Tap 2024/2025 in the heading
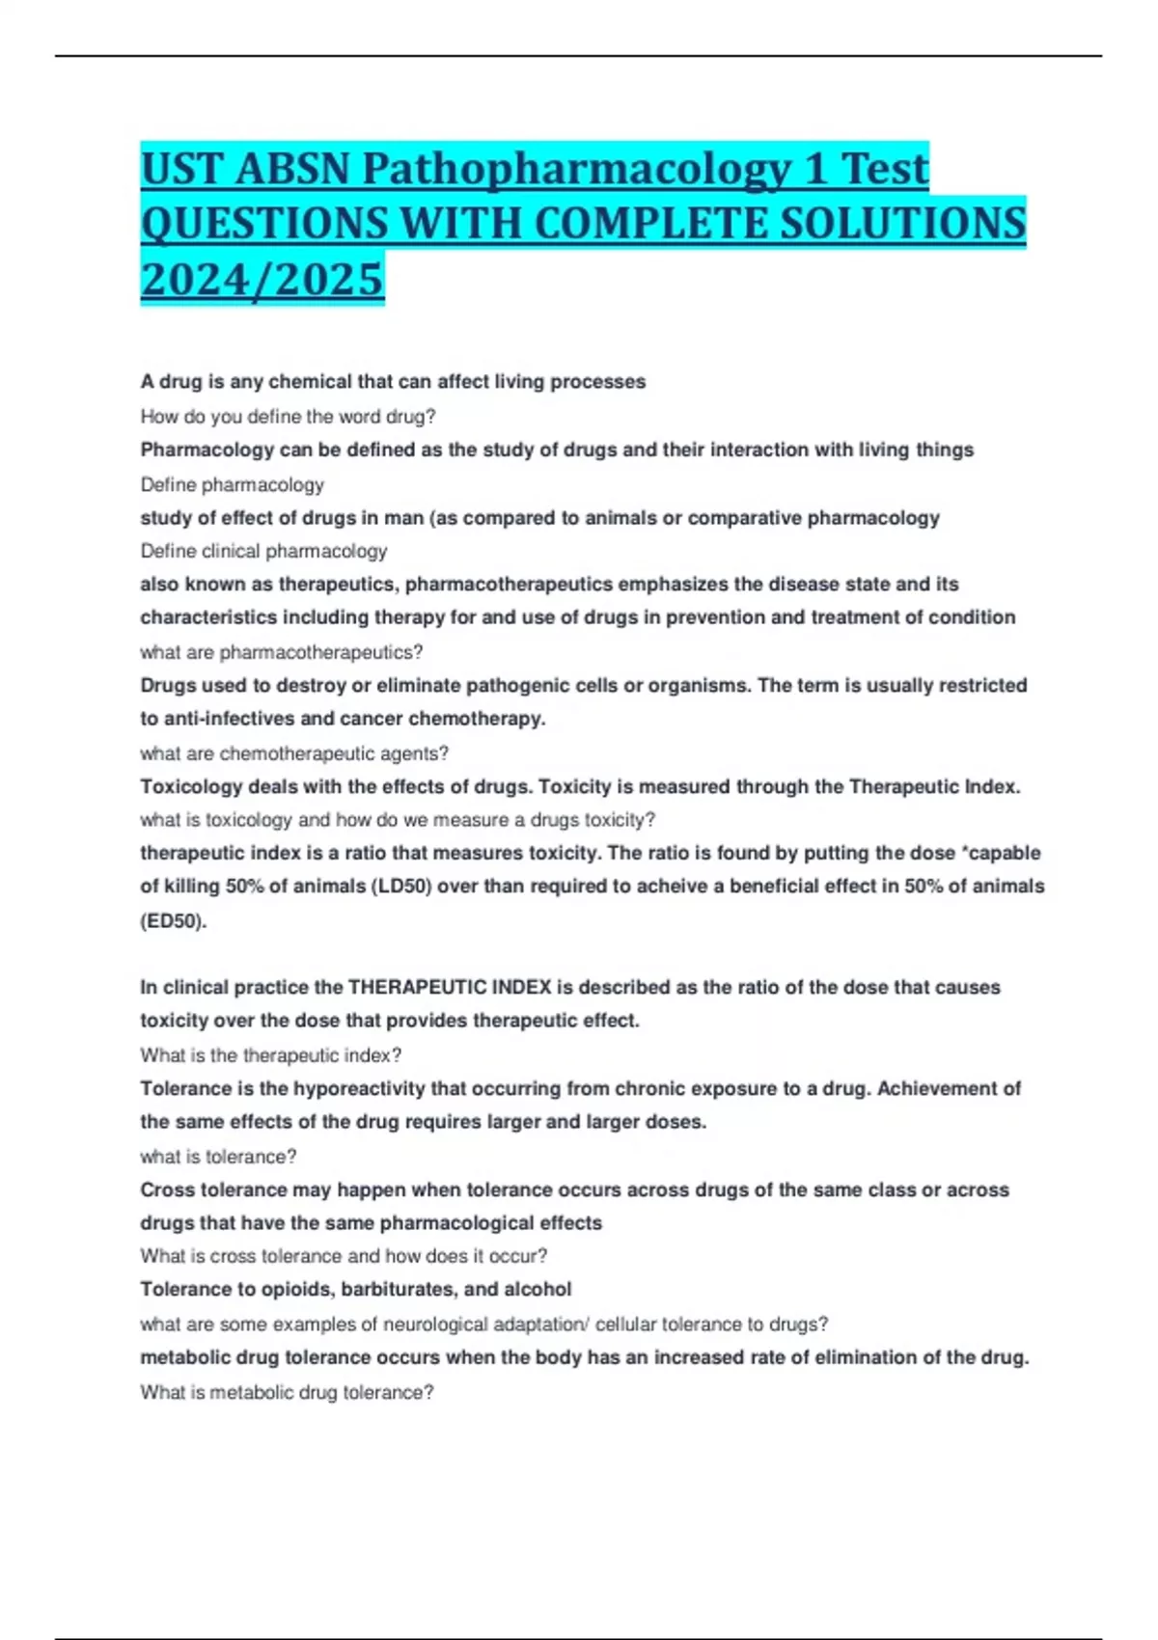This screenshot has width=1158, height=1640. tap(262, 280)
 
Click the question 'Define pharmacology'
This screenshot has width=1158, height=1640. tap(232, 484)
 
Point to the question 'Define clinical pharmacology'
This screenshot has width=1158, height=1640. tap(263, 551)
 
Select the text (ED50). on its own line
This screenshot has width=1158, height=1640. tap(174, 920)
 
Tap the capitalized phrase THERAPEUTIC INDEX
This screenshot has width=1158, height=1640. tap(449, 987)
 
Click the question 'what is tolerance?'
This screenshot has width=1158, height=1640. tap(218, 1156)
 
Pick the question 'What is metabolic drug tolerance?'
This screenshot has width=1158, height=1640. tap(287, 1392)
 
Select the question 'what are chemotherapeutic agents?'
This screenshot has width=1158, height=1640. tap(294, 752)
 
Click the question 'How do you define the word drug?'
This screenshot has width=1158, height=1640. tap(288, 417)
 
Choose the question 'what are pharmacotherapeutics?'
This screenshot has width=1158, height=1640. tap(281, 652)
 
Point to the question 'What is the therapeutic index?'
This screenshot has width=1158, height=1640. tap(270, 1054)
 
